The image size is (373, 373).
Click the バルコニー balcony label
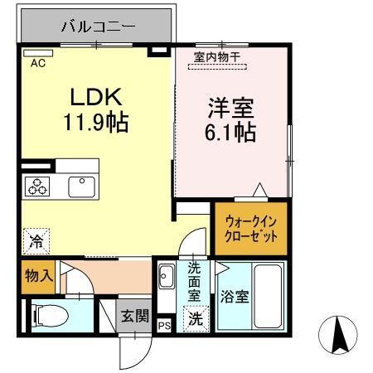[x=98, y=27]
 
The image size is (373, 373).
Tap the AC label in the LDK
[x=38, y=61]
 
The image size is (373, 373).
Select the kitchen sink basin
[x=81, y=186]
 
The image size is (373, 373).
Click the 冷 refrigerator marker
[x=36, y=242]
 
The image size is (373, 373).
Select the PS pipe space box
[x=163, y=325]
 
